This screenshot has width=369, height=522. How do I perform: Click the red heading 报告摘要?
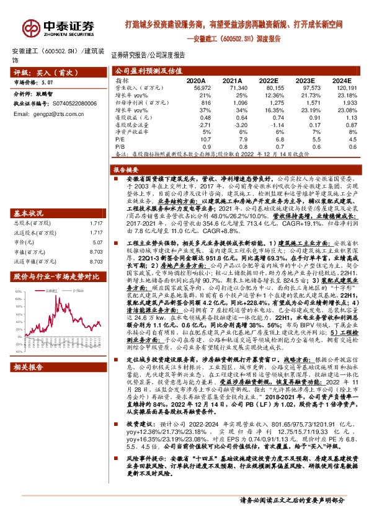pos(127,169)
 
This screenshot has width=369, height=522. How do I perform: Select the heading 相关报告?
pos(28,366)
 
